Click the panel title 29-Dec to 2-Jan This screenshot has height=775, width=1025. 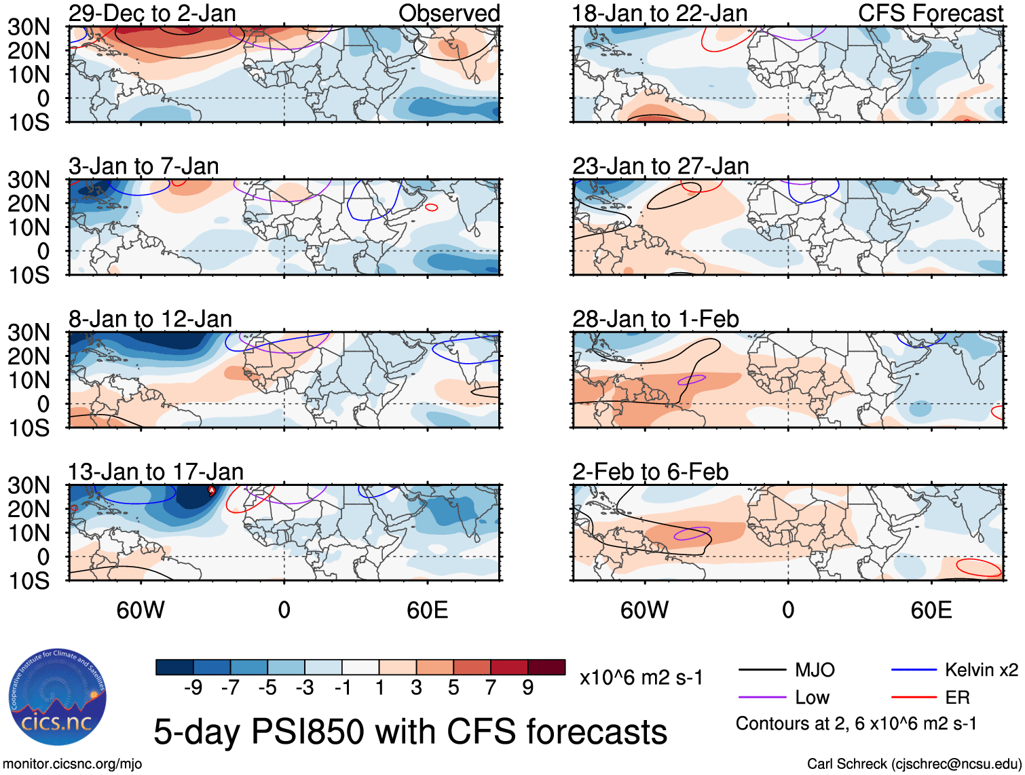coord(152,13)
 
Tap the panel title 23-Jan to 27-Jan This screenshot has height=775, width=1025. coord(660,166)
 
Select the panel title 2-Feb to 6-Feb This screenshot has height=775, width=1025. coord(650,472)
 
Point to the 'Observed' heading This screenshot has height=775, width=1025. coord(449,13)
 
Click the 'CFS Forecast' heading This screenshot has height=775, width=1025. coord(931,13)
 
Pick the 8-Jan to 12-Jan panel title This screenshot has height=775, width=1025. coord(150,319)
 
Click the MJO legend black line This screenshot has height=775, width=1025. coord(762,670)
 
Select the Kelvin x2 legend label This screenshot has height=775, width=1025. coord(981,670)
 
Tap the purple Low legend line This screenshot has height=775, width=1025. coord(762,698)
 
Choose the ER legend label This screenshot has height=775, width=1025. coord(957,698)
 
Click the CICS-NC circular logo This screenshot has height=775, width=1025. coord(58,697)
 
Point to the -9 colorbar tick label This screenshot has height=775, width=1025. coord(193,688)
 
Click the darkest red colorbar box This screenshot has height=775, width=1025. coord(546,667)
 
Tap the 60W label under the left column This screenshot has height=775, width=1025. coord(141,610)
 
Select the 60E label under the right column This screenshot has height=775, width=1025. coord(931,610)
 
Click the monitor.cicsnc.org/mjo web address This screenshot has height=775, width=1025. coord(73,764)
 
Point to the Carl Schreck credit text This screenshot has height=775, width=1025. coord(914,764)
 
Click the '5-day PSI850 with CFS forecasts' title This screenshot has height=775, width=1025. coord(410,732)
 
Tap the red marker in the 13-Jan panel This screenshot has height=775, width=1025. coord(211,489)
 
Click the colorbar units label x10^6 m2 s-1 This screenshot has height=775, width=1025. coord(641,677)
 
